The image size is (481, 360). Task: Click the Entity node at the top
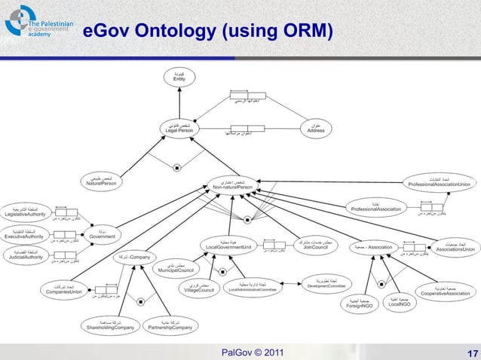point(179,77)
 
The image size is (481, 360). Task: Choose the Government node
point(103,233)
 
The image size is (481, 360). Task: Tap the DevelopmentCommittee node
point(326,284)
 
